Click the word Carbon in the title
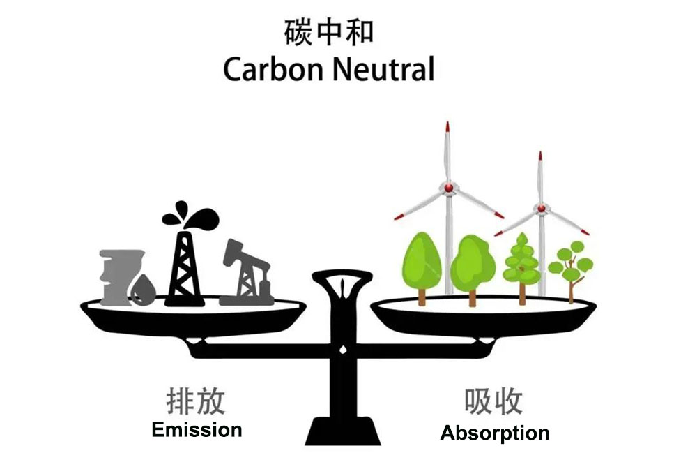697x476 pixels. [x=273, y=70]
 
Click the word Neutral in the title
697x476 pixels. [x=383, y=70]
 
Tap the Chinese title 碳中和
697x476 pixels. [x=328, y=32]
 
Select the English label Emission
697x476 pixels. [x=197, y=430]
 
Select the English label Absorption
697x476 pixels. [x=495, y=433]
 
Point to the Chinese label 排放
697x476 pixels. [x=196, y=401]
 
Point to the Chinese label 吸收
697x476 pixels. [x=493, y=401]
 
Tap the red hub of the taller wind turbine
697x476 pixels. [x=448, y=188]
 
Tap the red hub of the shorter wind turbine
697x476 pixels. [x=541, y=209]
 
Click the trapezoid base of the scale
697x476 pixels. [x=343, y=431]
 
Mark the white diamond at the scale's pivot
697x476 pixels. [x=343, y=350]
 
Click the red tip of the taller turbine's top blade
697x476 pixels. [x=447, y=126]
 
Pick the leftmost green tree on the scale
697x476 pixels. [x=422, y=267]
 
